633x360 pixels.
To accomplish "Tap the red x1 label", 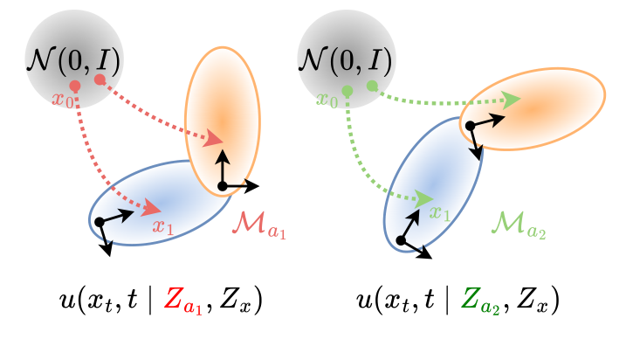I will click(163, 225).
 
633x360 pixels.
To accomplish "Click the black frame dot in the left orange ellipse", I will click(223, 186).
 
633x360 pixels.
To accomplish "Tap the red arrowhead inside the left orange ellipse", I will click(212, 139).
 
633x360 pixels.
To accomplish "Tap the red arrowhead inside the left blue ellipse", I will click(152, 208).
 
